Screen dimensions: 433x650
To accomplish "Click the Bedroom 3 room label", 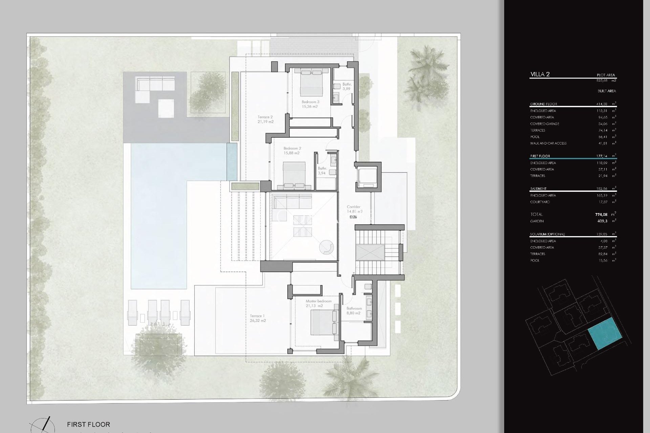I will (310, 104).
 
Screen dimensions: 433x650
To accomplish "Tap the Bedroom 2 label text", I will (292, 151).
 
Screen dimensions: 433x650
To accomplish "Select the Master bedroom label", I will (318, 303).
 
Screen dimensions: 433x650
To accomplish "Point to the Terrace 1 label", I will (257, 318).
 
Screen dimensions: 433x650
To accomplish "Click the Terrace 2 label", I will (265, 119).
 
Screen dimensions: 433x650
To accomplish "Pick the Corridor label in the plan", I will (354, 209).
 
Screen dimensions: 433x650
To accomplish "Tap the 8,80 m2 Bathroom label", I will (354, 311).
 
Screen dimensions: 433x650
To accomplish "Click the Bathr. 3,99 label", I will (347, 87).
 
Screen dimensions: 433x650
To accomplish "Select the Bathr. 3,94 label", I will (322, 170).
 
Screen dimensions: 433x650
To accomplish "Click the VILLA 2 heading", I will (540, 74).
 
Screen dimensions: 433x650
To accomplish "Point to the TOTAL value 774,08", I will (601, 214).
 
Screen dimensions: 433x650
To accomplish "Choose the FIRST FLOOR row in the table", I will (540, 156).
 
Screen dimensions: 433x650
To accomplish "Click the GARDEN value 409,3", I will (602, 221).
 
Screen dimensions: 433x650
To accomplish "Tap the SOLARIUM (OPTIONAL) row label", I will (547, 234).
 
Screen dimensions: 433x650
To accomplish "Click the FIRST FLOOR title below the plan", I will (88, 424).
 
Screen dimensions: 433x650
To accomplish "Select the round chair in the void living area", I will (327, 247).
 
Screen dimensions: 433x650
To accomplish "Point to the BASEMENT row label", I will (538, 188).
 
